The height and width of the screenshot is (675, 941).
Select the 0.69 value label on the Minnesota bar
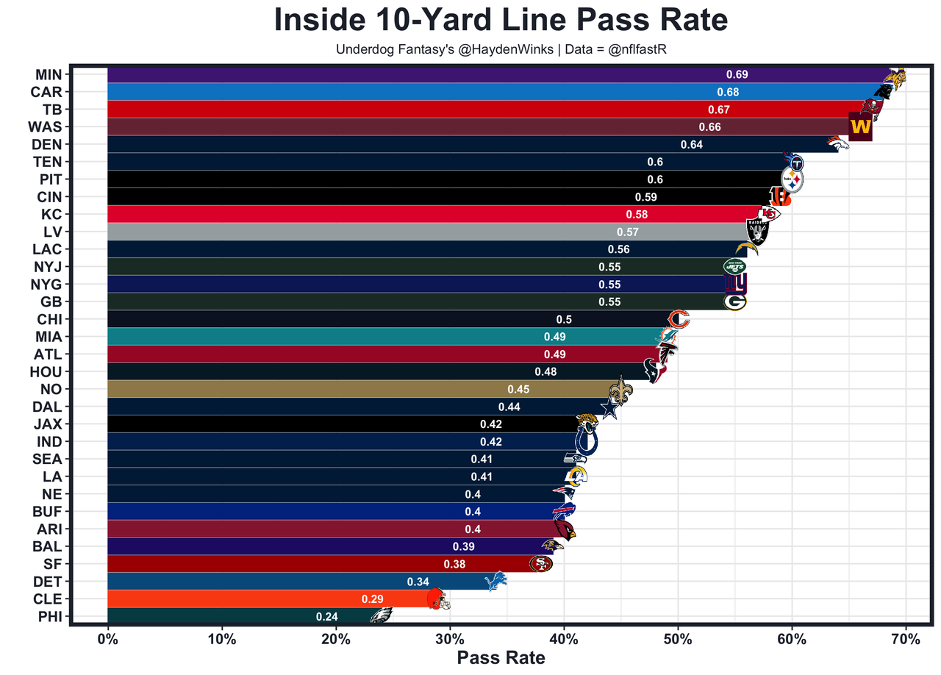737,74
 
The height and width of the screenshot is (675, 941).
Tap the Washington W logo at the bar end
860,126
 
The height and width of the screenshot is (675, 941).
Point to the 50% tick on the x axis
678,639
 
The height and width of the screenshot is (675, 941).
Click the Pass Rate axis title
501,657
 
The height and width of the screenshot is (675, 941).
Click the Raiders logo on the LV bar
757,232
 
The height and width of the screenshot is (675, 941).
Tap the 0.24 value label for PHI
326,617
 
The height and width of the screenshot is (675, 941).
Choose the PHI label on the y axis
50,616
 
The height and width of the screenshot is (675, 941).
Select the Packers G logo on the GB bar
734,301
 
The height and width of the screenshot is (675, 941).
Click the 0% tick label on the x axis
108,639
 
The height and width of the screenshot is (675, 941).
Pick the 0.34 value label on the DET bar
418,582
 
